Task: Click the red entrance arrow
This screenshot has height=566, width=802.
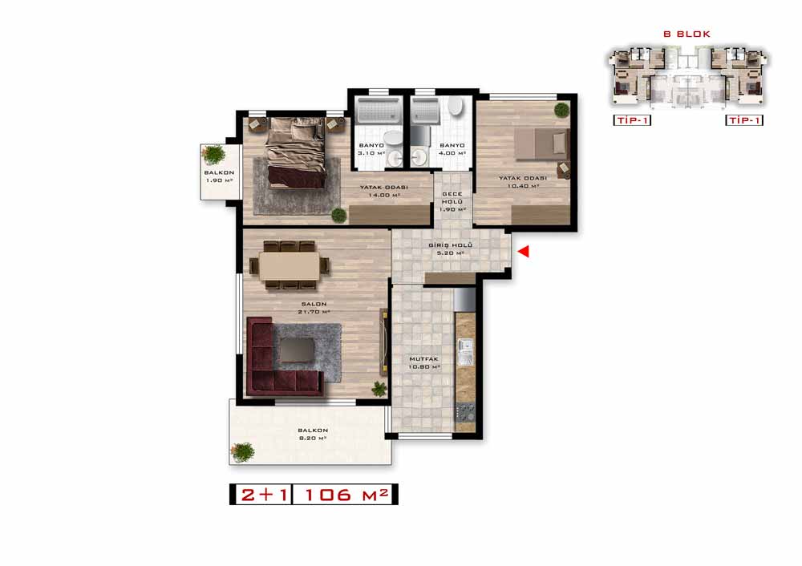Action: [x=523, y=251]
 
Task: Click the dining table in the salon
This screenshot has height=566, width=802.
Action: [x=289, y=266]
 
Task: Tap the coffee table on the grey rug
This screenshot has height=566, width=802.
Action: [x=298, y=351]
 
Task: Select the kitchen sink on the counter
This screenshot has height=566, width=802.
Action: [x=465, y=352]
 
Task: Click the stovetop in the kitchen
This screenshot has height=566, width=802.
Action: [x=465, y=412]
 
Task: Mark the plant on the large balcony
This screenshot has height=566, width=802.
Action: [x=242, y=452]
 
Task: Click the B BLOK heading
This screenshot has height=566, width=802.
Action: [x=687, y=34]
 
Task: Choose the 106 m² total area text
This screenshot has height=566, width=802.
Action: [x=346, y=495]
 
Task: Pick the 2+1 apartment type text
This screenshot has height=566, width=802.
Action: [x=265, y=495]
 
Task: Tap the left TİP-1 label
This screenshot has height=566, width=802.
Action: [x=632, y=120]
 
